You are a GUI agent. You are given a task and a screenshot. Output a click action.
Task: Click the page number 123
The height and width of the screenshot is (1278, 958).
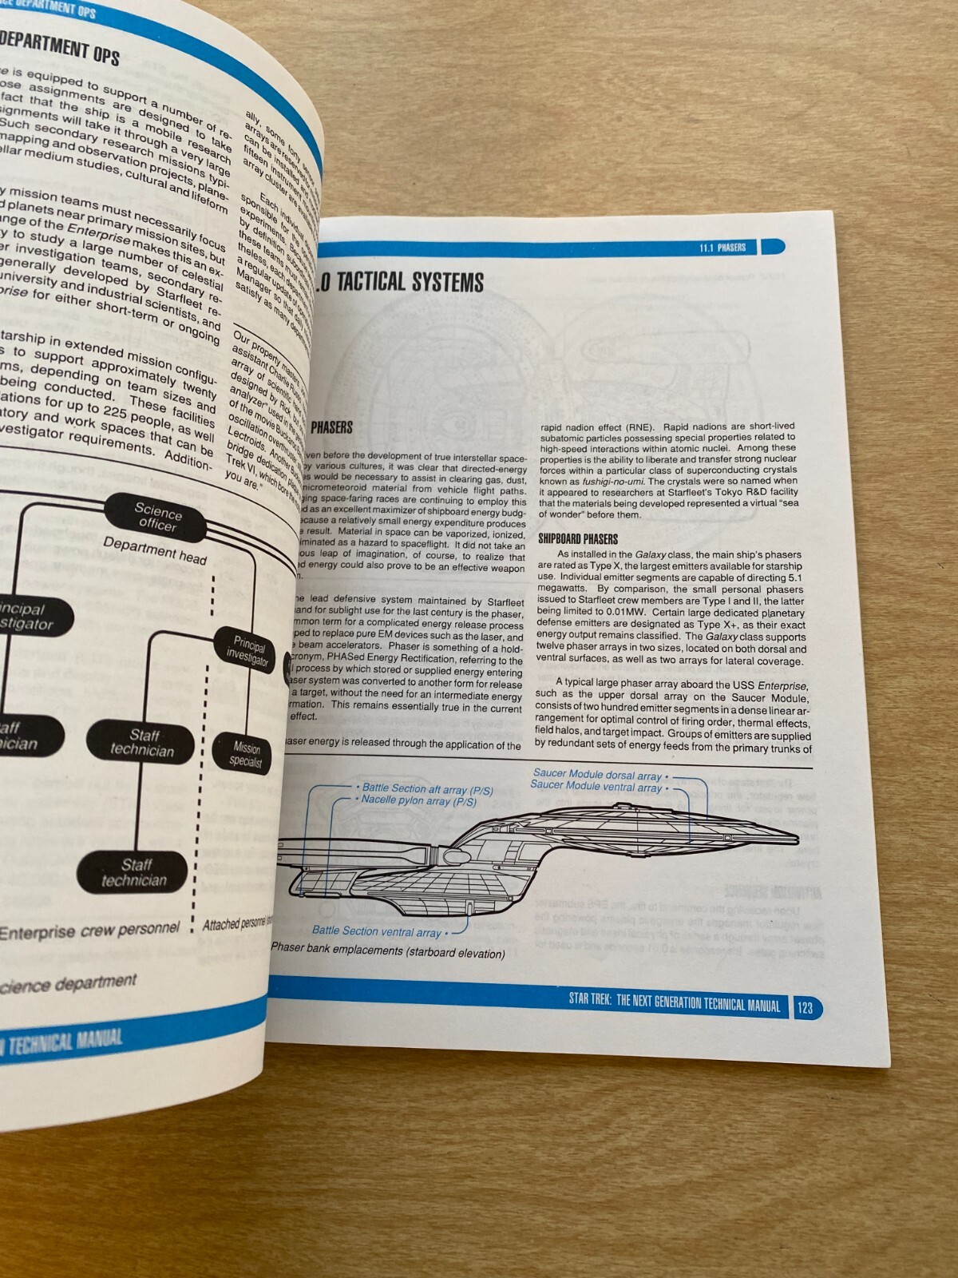[806, 1007]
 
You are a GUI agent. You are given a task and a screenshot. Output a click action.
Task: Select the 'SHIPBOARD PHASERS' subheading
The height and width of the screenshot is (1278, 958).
[577, 539]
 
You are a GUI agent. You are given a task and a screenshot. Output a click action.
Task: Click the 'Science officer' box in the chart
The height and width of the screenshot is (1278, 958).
[157, 518]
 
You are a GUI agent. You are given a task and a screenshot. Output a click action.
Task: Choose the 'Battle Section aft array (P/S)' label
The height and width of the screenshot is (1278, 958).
[427, 788]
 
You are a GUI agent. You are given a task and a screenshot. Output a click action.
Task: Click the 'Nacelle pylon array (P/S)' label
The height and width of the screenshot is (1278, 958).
[419, 800]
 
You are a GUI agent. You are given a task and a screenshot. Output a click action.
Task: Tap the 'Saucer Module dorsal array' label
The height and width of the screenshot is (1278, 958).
[597, 775]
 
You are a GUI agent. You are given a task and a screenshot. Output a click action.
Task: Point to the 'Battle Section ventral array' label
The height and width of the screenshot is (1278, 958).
[376, 931]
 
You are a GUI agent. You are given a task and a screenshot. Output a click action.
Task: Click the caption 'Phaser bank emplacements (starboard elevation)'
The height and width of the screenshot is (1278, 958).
[388, 951]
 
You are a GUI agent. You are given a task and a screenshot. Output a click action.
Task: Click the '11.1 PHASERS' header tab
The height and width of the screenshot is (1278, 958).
[722, 248]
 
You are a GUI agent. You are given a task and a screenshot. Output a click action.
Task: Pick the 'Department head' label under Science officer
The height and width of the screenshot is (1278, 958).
[154, 550]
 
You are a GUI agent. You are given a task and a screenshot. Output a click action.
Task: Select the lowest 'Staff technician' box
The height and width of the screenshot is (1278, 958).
[134, 873]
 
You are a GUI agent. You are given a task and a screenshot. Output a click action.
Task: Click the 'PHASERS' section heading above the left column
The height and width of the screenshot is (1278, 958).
[331, 428]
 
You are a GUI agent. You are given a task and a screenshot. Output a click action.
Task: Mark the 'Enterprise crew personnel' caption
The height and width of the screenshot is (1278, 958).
[89, 931]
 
